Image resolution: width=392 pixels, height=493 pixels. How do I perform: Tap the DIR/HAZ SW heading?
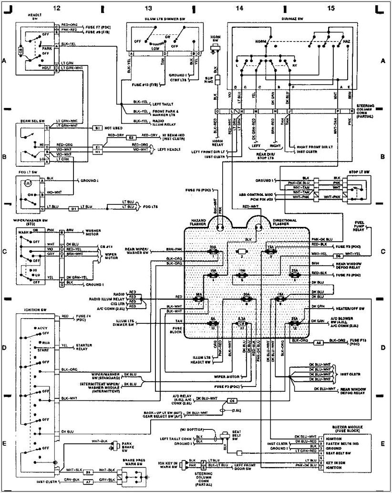tap(293, 19)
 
